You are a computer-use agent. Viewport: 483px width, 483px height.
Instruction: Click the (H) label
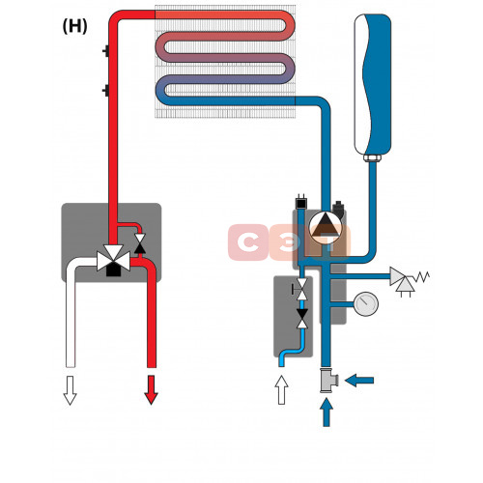tap(74, 26)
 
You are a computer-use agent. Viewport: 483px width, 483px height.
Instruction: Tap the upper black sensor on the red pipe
tap(106, 51)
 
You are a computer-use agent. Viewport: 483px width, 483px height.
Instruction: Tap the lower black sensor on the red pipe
tap(106, 91)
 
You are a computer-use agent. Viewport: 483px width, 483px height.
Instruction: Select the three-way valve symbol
tap(114, 257)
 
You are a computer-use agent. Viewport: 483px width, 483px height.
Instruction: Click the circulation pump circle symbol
tap(326, 227)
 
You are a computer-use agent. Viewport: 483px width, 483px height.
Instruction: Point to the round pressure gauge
tap(366, 303)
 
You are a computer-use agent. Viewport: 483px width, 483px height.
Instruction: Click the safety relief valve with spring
tap(409, 279)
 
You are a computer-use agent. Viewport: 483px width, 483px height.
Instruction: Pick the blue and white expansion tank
tap(373, 85)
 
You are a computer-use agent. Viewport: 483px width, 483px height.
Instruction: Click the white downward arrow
tap(70, 389)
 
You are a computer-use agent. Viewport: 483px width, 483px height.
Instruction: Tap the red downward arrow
tap(151, 389)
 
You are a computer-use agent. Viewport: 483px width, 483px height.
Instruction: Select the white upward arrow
tap(282, 389)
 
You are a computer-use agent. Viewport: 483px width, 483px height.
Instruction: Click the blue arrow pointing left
tap(359, 381)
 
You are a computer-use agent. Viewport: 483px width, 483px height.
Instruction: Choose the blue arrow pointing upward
tap(327, 412)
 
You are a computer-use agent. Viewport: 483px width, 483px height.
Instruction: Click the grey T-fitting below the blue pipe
tap(328, 380)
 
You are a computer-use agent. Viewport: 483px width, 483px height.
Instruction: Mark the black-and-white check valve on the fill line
tap(302, 319)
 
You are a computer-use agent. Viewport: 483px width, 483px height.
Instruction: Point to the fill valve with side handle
tap(300, 289)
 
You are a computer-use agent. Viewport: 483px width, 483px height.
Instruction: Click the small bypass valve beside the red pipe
tap(140, 243)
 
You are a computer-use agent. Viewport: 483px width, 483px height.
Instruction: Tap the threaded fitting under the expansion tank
tap(372, 158)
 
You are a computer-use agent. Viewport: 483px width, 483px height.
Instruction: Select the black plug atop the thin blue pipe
tap(301, 202)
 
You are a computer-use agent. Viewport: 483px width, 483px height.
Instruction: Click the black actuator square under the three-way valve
tap(113, 270)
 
